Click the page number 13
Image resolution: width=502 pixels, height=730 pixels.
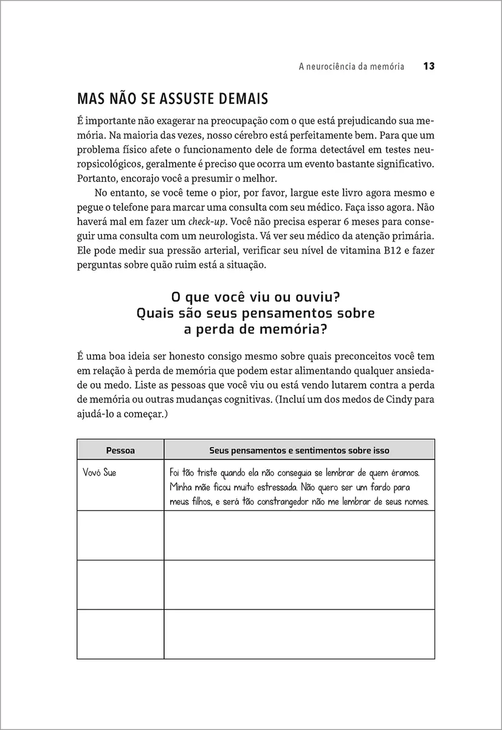click(428, 67)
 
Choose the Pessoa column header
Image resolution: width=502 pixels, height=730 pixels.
click(120, 450)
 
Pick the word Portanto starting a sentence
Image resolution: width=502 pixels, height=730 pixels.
click(98, 178)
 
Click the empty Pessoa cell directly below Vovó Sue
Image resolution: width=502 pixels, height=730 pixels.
click(120, 535)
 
